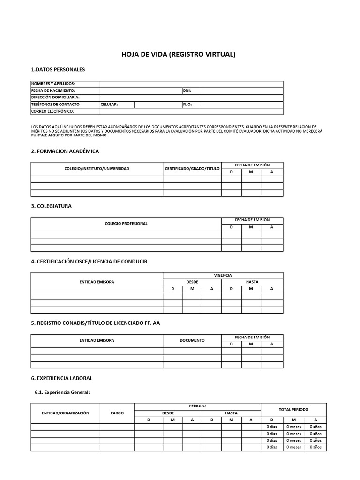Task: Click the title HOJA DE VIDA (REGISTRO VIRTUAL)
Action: click(x=179, y=54)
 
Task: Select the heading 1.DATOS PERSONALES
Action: click(x=58, y=70)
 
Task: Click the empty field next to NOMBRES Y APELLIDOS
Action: click(x=191, y=84)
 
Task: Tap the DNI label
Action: click(x=187, y=90)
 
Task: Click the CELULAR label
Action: click(x=109, y=105)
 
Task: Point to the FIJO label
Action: click(x=187, y=105)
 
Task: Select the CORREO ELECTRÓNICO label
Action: click(x=52, y=112)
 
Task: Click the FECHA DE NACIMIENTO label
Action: click(x=53, y=90)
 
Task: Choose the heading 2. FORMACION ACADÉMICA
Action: click(x=65, y=151)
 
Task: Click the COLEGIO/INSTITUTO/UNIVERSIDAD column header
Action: click(x=97, y=168)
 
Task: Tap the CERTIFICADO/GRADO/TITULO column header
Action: click(x=192, y=168)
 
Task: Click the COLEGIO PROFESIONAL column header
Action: click(x=126, y=224)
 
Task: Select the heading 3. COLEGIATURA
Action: click(x=51, y=206)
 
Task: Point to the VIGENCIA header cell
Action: click(x=223, y=275)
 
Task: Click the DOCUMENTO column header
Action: click(x=192, y=340)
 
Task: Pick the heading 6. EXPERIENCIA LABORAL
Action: click(x=61, y=378)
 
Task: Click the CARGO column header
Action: click(x=117, y=413)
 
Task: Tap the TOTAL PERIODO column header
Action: click(x=293, y=409)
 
